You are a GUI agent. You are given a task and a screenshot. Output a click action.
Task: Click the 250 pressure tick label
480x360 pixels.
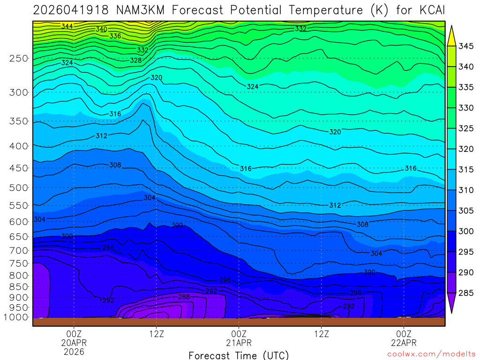(19, 59)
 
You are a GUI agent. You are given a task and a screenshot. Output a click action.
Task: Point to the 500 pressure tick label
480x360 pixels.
(19, 188)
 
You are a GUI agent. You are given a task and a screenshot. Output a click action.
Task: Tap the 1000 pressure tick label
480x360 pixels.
(17, 317)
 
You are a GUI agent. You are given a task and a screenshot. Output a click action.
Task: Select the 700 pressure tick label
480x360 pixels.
(19, 250)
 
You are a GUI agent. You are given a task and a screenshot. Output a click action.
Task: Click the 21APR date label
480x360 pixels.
(239, 343)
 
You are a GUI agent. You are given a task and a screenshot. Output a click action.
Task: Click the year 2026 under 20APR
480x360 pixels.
(74, 351)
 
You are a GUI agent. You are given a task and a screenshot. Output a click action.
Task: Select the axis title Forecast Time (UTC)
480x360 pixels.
(239, 355)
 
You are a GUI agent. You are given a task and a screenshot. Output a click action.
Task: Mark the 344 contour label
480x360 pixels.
(67, 26)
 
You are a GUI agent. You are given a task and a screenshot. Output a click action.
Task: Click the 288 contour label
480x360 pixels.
(184, 297)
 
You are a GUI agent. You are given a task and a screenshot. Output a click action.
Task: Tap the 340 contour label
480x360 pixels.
(101, 29)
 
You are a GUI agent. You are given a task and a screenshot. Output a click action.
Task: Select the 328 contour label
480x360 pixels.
(135, 60)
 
